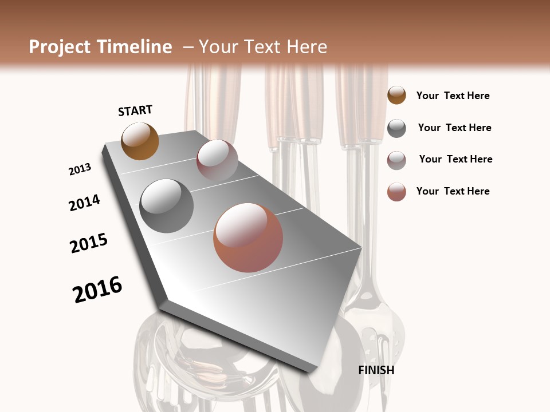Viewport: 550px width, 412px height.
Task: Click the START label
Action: coord(135,110)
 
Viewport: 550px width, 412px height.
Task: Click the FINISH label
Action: coord(376,370)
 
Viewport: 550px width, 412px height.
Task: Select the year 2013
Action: coord(80,169)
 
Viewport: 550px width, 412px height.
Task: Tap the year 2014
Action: coord(84,203)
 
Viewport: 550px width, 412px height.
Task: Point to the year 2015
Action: coord(89,243)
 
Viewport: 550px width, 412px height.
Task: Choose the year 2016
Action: coord(97,290)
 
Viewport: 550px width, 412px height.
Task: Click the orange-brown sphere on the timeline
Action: coord(140,141)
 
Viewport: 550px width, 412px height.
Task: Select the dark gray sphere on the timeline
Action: coord(167,206)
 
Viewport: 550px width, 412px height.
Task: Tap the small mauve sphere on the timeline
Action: coord(217,160)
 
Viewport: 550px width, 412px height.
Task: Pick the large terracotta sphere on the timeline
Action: coord(248,237)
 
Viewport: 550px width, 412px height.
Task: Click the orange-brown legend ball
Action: coord(396,96)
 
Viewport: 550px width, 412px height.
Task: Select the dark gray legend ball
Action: coord(396,128)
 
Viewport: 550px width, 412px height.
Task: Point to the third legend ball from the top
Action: coord(396,160)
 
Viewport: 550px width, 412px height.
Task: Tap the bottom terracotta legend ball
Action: coord(396,192)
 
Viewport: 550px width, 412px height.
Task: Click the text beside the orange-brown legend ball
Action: coord(453,96)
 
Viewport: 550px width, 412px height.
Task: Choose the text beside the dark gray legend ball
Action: coord(454,128)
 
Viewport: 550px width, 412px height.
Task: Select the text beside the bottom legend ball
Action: coord(453,191)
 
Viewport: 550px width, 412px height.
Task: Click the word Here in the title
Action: coord(306,47)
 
